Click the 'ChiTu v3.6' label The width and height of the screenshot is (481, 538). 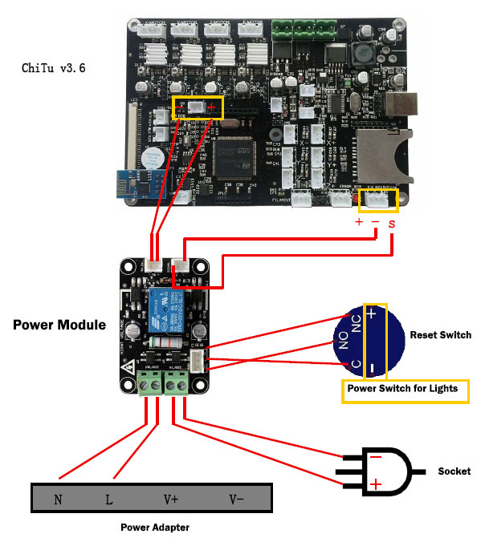point(53,67)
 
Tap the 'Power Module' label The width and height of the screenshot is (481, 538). point(59,325)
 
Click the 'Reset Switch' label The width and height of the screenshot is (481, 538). point(440,334)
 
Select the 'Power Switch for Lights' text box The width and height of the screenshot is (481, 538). point(402,388)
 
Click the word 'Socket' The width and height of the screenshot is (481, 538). point(452,471)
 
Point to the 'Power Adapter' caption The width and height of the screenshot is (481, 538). point(155,527)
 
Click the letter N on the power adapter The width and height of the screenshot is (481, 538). point(58,500)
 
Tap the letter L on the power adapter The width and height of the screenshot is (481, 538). point(110,500)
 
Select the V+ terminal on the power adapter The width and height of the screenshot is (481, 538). point(171,500)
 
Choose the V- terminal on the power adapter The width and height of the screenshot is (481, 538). point(236,500)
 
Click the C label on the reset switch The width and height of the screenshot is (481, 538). point(344,365)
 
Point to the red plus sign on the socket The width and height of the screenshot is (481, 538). point(375,483)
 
